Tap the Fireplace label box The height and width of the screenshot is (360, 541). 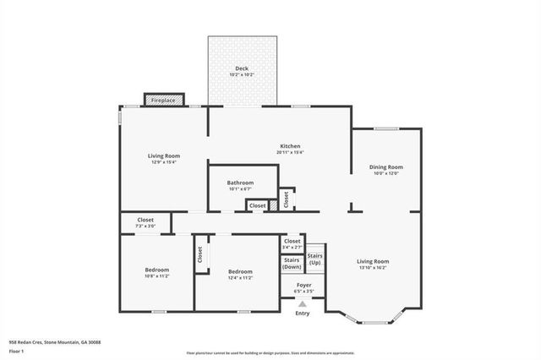(163, 101)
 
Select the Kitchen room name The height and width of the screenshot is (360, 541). (291, 146)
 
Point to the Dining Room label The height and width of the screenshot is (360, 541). (385, 166)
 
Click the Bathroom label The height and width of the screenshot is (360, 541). (240, 183)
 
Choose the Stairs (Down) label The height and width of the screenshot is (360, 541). (292, 263)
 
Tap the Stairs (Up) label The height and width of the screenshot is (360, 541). (314, 259)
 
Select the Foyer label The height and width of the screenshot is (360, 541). (303, 285)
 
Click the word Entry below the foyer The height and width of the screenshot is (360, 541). (303, 314)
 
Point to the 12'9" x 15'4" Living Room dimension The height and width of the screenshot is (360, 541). (163, 162)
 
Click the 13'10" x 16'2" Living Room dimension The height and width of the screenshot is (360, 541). (372, 269)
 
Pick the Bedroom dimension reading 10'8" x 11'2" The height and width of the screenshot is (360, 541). (157, 276)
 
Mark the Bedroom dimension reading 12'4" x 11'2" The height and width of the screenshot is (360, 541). (240, 277)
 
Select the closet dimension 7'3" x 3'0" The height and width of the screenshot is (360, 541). (145, 226)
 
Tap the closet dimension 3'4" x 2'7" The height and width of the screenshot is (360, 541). (292, 247)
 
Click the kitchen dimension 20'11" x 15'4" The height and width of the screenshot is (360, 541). (291, 153)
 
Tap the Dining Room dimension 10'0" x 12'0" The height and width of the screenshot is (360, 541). (385, 173)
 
